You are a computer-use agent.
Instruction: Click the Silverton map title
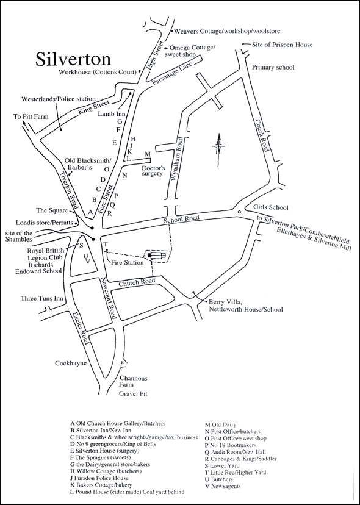tap(73, 59)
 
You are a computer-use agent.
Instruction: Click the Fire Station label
tap(127, 263)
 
